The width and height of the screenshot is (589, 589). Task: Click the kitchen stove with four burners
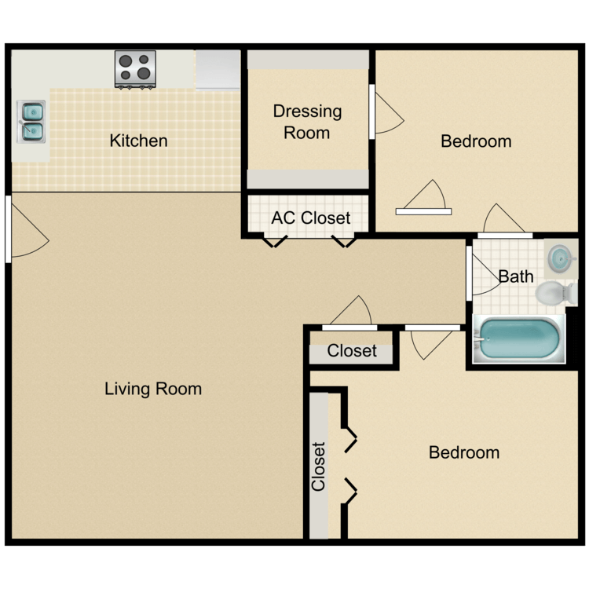coord(135,68)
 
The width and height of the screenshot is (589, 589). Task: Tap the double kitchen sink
coord(32,121)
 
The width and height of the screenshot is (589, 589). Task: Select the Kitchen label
coord(138,141)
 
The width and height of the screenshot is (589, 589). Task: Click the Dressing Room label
coord(307,122)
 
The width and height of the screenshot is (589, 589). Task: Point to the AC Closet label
coord(310,218)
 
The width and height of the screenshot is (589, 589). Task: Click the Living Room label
coord(153,389)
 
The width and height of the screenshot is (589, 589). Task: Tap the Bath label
coord(516,276)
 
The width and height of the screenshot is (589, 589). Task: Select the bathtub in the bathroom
coord(519,338)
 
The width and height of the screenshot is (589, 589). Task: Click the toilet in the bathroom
coord(556,292)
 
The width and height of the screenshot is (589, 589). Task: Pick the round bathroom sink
coord(561,257)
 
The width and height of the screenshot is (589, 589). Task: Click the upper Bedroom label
coord(476,141)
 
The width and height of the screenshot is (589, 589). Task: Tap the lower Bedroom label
coord(464,452)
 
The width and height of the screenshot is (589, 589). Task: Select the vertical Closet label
coord(319,466)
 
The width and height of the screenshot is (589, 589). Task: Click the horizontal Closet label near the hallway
coord(352,351)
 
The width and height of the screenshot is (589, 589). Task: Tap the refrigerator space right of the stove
coord(218,69)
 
